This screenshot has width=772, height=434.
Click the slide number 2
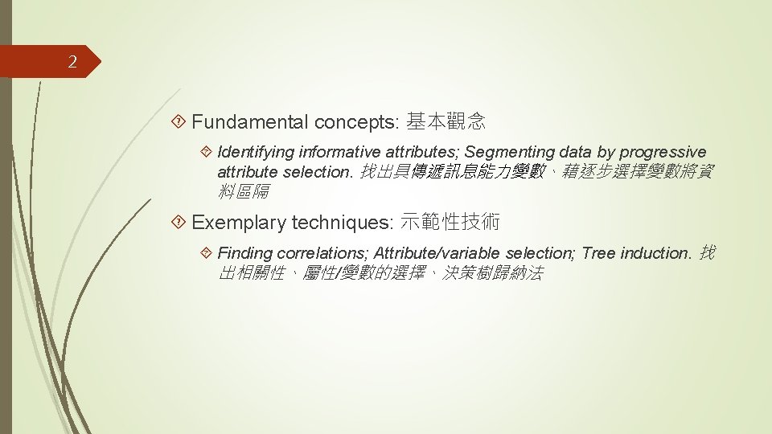pos(72,63)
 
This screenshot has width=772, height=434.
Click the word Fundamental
pos(250,122)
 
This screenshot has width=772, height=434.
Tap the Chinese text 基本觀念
pos(446,122)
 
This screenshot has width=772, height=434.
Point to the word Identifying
pos(256,152)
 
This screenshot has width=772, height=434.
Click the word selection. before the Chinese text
pos(321,172)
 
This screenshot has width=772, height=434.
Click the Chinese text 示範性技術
pos(450,223)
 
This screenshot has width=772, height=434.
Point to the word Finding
pos(244,253)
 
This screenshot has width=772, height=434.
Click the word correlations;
pos(323,253)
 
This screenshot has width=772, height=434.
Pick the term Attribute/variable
pos(440,253)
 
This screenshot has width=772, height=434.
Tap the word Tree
pos(598,253)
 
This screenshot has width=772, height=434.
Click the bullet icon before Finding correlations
pos(207,253)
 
